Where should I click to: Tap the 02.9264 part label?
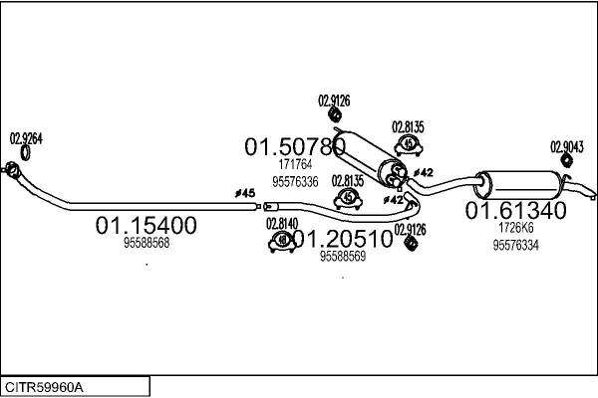26,139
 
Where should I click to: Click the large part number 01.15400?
146,226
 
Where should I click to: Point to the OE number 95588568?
147,243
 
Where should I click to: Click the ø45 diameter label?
246,193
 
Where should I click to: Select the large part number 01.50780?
294,146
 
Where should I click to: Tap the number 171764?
295,164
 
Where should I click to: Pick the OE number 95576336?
295,181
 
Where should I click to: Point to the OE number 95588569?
342,256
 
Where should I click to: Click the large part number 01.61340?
515,211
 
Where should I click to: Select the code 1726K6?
515,228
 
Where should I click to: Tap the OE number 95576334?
515,245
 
